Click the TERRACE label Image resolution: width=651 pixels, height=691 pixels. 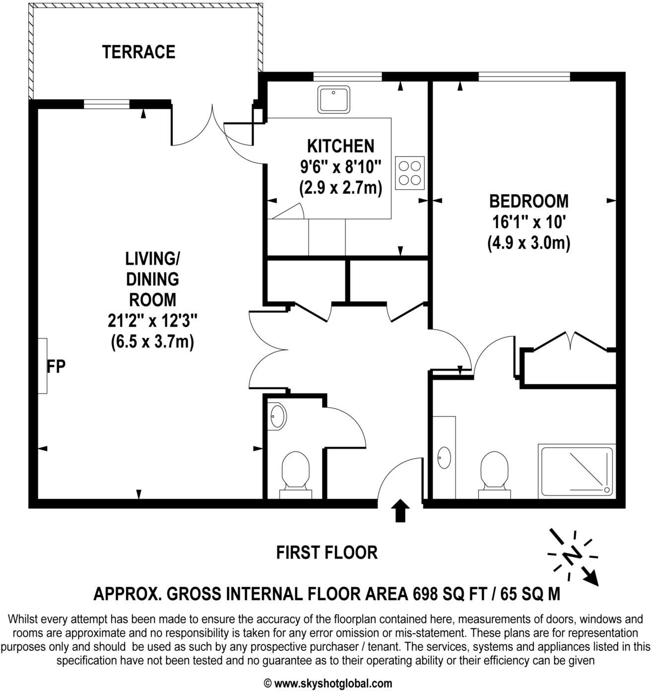pos(138,52)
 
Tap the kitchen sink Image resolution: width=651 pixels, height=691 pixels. pos(334,100)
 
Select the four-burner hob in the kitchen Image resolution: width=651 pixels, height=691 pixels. pos(410,173)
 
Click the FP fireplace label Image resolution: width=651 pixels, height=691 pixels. pos(56,366)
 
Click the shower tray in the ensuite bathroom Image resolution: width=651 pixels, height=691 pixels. pos(577,471)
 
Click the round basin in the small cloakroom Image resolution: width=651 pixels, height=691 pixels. pos(276,415)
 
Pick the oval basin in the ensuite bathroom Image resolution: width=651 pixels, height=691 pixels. pos(444,457)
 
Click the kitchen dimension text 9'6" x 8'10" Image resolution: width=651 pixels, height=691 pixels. pos(340,167)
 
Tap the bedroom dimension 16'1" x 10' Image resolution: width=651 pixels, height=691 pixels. pos(528,222)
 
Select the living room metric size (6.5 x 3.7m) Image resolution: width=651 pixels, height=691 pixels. pos(152,342)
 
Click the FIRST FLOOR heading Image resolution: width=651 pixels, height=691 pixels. pos(326,552)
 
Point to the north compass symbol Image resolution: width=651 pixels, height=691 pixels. pos(573,555)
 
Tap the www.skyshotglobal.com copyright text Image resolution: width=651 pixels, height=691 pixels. pos(327,683)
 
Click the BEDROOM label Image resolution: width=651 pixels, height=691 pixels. pos(529,201)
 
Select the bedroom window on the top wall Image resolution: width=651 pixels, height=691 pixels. pos(524,76)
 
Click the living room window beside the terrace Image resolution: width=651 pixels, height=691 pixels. pos(106,104)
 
